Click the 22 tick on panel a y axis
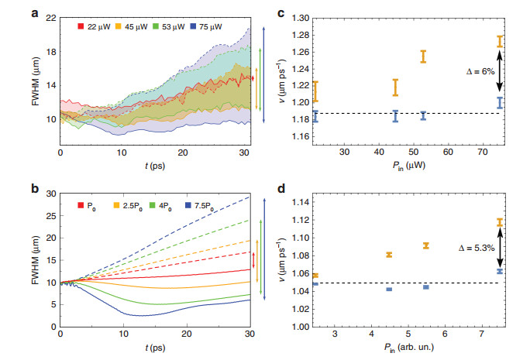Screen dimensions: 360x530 (x=48, y=17)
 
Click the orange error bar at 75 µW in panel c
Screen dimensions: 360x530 (x=500, y=41)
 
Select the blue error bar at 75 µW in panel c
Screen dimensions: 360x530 (x=500, y=102)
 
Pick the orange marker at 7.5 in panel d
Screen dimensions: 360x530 (x=500, y=223)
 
